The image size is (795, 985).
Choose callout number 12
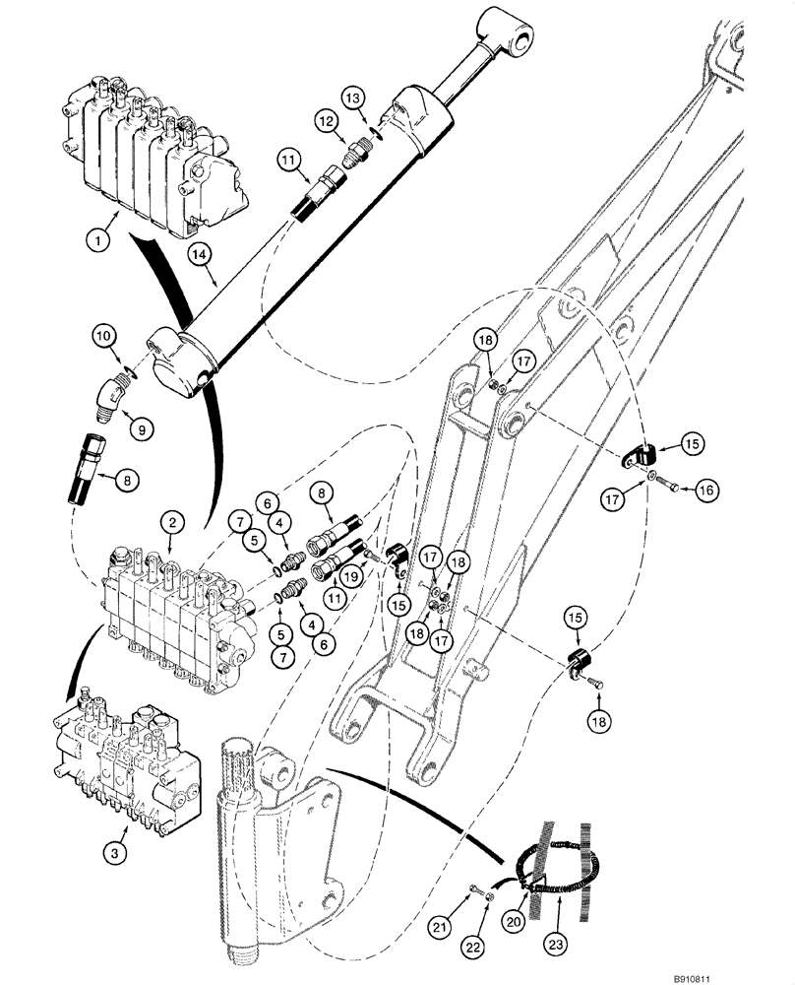tap(327, 121)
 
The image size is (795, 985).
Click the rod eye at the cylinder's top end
tap(513, 33)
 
